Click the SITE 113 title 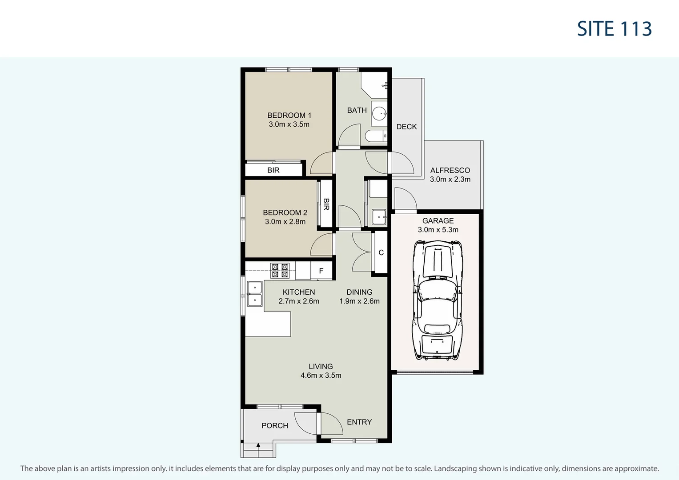pyautogui.click(x=614, y=29)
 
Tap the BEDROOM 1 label pyautogui.click(x=289, y=115)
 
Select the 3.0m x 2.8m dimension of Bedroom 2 pyautogui.click(x=285, y=221)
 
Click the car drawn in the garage pyautogui.click(x=438, y=300)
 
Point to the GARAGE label pyautogui.click(x=438, y=220)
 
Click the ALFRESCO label pyautogui.click(x=450, y=170)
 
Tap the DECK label pyautogui.click(x=406, y=127)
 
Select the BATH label pyautogui.click(x=357, y=110)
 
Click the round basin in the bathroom pyautogui.click(x=379, y=113)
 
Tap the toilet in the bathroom pyautogui.click(x=376, y=136)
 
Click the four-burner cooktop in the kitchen pyautogui.click(x=280, y=270)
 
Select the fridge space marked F pyautogui.click(x=321, y=271)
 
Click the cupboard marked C pyautogui.click(x=381, y=252)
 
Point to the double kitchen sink pyautogui.click(x=255, y=294)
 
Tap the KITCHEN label pyautogui.click(x=299, y=292)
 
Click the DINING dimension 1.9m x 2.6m pyautogui.click(x=359, y=301)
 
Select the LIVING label pyautogui.click(x=321, y=366)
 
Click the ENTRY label pyautogui.click(x=359, y=422)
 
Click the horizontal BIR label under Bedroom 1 pyautogui.click(x=273, y=170)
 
